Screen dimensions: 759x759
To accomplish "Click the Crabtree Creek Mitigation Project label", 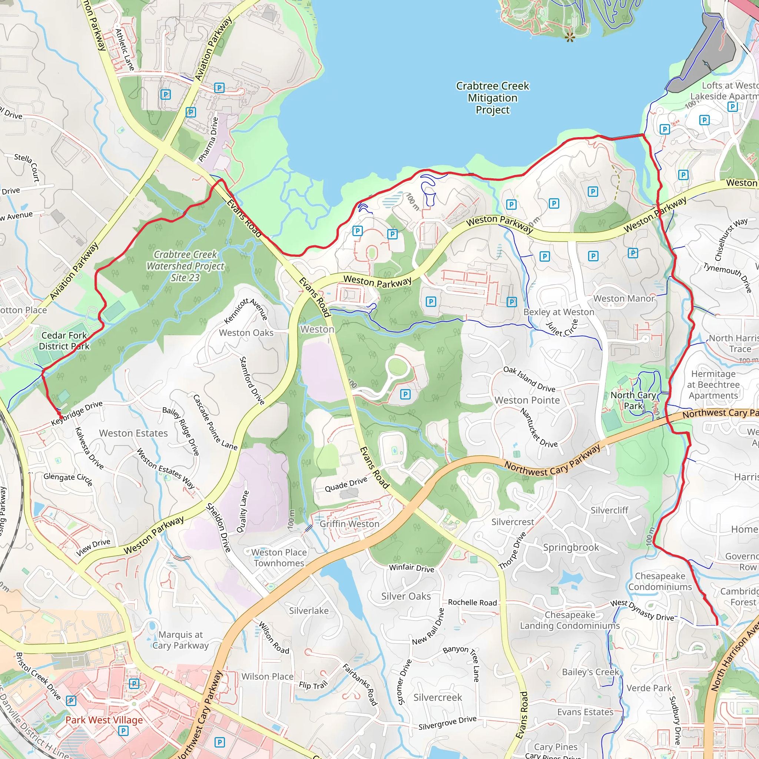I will (x=492, y=98).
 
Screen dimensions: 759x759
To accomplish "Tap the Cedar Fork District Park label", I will (x=64, y=341).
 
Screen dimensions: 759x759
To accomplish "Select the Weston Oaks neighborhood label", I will (x=246, y=333).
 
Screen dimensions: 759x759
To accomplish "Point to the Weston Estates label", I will (x=133, y=433).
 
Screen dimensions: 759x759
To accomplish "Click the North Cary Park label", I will (x=633, y=400).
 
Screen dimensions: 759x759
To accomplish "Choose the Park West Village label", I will (x=104, y=720).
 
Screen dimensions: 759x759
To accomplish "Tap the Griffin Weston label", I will (x=349, y=524).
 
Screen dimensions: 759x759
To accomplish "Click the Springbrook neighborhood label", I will (x=571, y=547).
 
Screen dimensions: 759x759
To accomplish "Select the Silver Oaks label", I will (x=406, y=596).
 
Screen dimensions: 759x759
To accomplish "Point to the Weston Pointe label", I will (x=527, y=400).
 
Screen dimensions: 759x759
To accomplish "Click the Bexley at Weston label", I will (x=559, y=312).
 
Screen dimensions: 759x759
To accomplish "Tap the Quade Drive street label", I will (x=346, y=484).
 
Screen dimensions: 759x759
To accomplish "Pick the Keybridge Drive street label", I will (x=77, y=413).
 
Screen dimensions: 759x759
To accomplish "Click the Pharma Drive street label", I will (x=208, y=139).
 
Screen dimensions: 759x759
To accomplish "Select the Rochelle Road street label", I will (x=472, y=603).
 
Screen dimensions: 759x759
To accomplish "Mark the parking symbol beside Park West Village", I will (x=123, y=731).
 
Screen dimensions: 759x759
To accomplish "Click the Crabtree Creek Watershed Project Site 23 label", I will (x=185, y=266).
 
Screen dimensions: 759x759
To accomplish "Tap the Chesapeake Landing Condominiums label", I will (x=570, y=620).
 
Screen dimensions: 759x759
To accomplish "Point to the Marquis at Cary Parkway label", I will (x=180, y=640).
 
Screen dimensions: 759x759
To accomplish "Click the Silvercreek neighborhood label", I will (x=438, y=697).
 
